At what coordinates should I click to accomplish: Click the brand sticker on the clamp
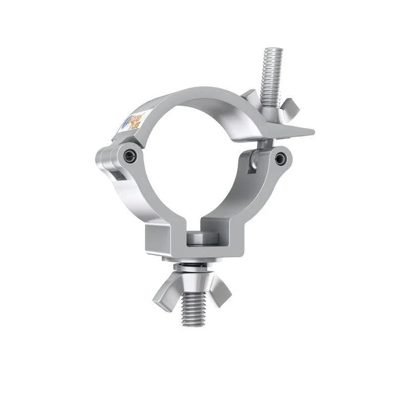tap(131, 121)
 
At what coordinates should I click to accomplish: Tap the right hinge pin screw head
tap(281, 158)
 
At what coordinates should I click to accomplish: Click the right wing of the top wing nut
tap(290, 106)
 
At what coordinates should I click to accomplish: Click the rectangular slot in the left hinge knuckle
tap(116, 174)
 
